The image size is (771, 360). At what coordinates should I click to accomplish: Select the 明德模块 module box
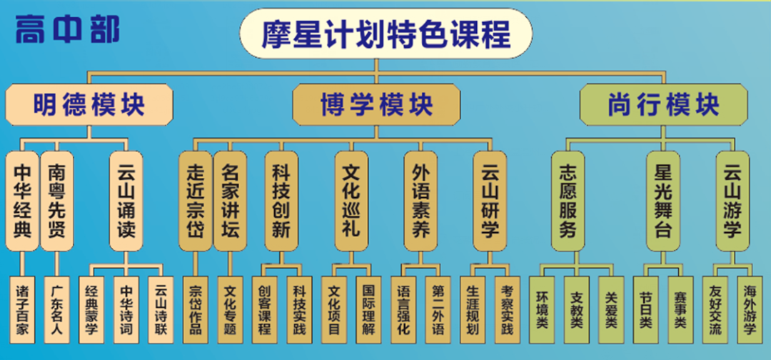pyautogui.click(x=89, y=104)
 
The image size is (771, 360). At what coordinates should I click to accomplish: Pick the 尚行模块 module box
pyautogui.click(x=664, y=104)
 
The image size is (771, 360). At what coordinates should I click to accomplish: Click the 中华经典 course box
pyautogui.click(x=23, y=201)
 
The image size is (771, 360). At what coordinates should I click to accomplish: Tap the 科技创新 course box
pyautogui.click(x=282, y=201)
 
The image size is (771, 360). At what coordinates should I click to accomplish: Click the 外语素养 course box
pyautogui.click(x=422, y=201)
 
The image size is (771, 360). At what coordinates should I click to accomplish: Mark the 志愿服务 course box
pyautogui.click(x=568, y=201)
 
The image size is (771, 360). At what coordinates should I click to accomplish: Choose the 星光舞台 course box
pyautogui.click(x=663, y=201)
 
